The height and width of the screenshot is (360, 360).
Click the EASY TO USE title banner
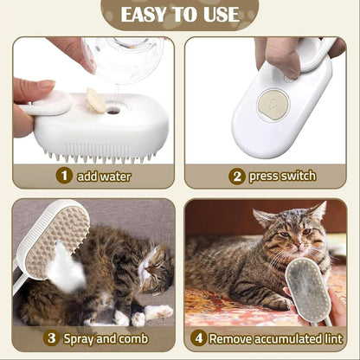[x=180, y=15]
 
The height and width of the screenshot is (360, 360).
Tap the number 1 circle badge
[x=64, y=176]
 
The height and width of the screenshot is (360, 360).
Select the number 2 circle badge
[x=237, y=176]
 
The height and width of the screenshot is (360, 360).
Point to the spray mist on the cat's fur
[x=65, y=275]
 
